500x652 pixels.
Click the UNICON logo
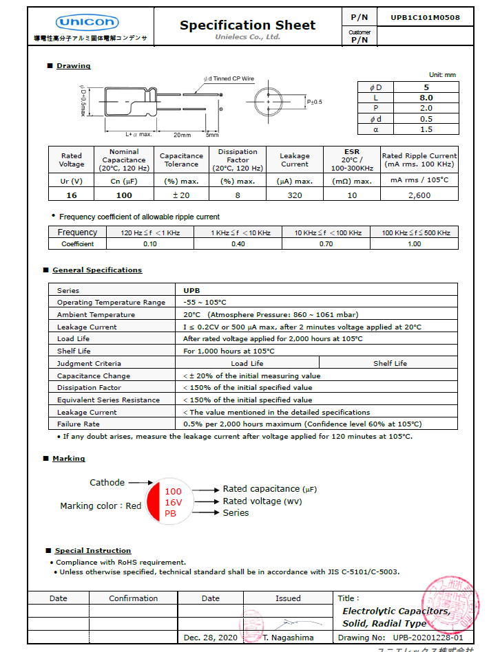pyautogui.click(x=87, y=22)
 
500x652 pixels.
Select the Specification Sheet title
pyautogui.click(x=247, y=25)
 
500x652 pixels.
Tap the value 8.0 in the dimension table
pyautogui.click(x=426, y=98)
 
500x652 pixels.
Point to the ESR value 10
pyautogui.click(x=352, y=195)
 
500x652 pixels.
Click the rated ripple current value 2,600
pyautogui.click(x=419, y=195)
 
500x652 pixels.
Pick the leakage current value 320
pyautogui.click(x=294, y=195)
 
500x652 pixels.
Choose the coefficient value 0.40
pyautogui.click(x=238, y=244)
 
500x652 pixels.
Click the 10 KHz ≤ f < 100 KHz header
pyautogui.click(x=328, y=233)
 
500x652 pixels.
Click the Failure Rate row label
pyautogui.click(x=78, y=424)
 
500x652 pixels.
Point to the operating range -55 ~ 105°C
pyautogui.click(x=205, y=302)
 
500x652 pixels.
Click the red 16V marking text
pyautogui.click(x=172, y=503)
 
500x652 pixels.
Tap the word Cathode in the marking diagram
pyautogui.click(x=107, y=482)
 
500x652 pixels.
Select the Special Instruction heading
pyautogui.click(x=93, y=550)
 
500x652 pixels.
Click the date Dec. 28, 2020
pyautogui.click(x=210, y=638)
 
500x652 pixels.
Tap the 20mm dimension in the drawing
pyautogui.click(x=182, y=134)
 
